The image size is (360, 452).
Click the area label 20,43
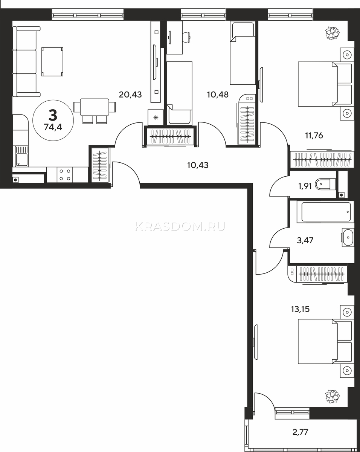tap(130, 95)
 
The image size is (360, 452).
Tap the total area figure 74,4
tap(53, 127)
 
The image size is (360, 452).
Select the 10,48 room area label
tap(218, 95)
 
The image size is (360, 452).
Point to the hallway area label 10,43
tap(198, 165)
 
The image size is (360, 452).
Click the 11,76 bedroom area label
tap(314, 136)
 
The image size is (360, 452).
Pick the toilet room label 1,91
tap(305, 186)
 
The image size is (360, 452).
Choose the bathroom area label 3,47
tap(305, 240)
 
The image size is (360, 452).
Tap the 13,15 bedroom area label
tap(300, 309)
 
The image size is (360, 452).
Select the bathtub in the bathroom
tap(325, 212)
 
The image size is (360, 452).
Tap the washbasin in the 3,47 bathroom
tap(348, 238)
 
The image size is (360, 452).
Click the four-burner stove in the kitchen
tap(65, 175)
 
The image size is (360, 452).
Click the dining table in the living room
tap(95, 107)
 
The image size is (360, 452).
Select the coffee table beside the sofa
tap(52, 61)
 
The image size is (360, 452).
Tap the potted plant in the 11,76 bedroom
tap(332, 33)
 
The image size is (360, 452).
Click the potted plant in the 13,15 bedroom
tap(332, 396)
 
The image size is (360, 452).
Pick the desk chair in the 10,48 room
tap(186, 37)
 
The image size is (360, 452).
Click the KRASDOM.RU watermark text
tap(180, 226)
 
